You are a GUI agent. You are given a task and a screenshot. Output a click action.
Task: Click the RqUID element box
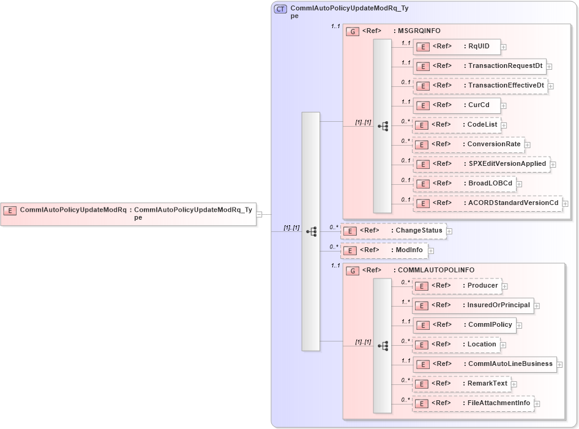tap(457, 47)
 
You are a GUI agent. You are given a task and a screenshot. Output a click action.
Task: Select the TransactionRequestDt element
tap(479, 66)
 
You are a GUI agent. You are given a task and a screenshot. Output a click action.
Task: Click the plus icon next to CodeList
tap(504, 125)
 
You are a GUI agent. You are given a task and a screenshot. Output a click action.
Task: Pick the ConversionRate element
tap(468, 144)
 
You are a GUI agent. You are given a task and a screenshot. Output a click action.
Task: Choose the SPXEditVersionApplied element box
tap(481, 164)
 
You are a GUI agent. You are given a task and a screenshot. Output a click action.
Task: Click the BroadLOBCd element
tap(464, 184)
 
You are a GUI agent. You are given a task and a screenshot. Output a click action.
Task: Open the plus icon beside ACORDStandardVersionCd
tap(566, 204)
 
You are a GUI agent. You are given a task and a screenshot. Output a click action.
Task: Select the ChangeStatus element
tap(392, 231)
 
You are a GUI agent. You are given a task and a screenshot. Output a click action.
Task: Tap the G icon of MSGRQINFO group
tap(353, 31)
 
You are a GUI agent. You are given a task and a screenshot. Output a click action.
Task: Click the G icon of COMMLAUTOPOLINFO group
tap(353, 270)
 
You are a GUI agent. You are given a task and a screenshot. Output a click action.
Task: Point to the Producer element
tap(456, 286)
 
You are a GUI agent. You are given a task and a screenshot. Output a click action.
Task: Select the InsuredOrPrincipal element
tap(473, 305)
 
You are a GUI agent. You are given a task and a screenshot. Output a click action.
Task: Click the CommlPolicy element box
tap(463, 324)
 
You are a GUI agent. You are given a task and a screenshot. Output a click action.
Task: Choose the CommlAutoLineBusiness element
tap(484, 364)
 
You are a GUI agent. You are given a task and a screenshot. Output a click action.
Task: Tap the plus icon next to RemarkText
tap(514, 384)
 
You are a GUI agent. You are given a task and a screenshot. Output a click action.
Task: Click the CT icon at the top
tap(281, 9)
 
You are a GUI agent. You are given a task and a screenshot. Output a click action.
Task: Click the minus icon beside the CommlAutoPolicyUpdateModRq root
tap(260, 214)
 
